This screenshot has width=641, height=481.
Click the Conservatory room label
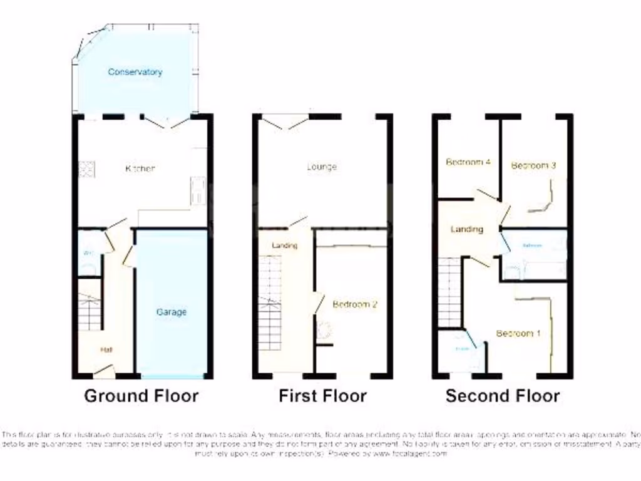pos(135,72)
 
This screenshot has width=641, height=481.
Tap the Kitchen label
pos(140,168)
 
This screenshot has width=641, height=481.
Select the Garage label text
pos(171,312)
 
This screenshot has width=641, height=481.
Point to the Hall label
pos(106,350)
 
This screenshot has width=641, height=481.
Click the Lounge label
pos(322,167)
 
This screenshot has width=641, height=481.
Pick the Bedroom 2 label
pos(355,305)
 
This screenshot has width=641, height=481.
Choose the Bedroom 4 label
pos(468,162)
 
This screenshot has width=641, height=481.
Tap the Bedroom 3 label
pos(533,165)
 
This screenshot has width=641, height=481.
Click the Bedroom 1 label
pos(518,333)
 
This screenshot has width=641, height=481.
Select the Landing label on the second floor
pos(467,229)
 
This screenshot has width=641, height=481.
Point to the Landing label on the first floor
pos(284,246)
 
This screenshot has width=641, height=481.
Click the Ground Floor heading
pos(141,396)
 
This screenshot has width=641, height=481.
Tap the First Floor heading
pos(322,396)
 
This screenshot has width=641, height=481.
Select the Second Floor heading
pos(503,396)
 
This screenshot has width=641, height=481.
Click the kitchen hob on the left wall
pos(86,169)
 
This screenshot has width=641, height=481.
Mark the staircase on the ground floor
pos(90,304)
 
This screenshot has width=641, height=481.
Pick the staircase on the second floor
pos(450,292)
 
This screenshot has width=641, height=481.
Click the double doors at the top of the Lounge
pos(289,122)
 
